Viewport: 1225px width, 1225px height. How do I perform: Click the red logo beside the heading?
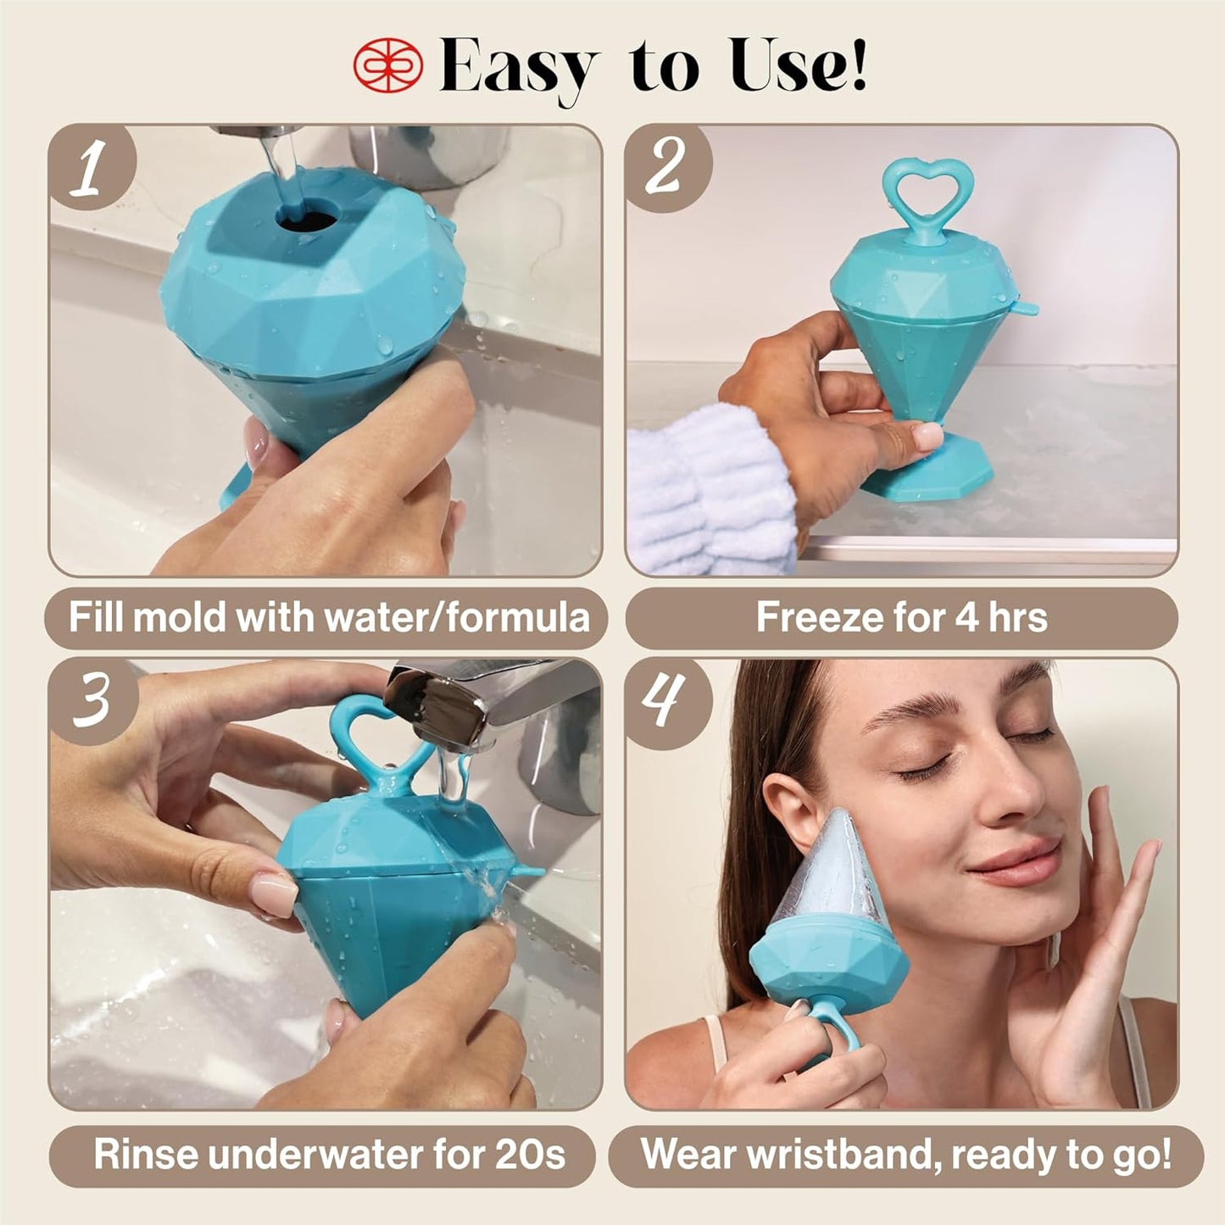[x=387, y=64]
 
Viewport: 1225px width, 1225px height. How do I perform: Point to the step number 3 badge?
[x=92, y=701]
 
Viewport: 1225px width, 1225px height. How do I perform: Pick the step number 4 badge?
[x=666, y=701]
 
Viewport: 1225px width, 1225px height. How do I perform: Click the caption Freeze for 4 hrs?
[x=901, y=618]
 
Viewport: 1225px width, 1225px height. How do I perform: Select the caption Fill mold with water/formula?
[x=328, y=618]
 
